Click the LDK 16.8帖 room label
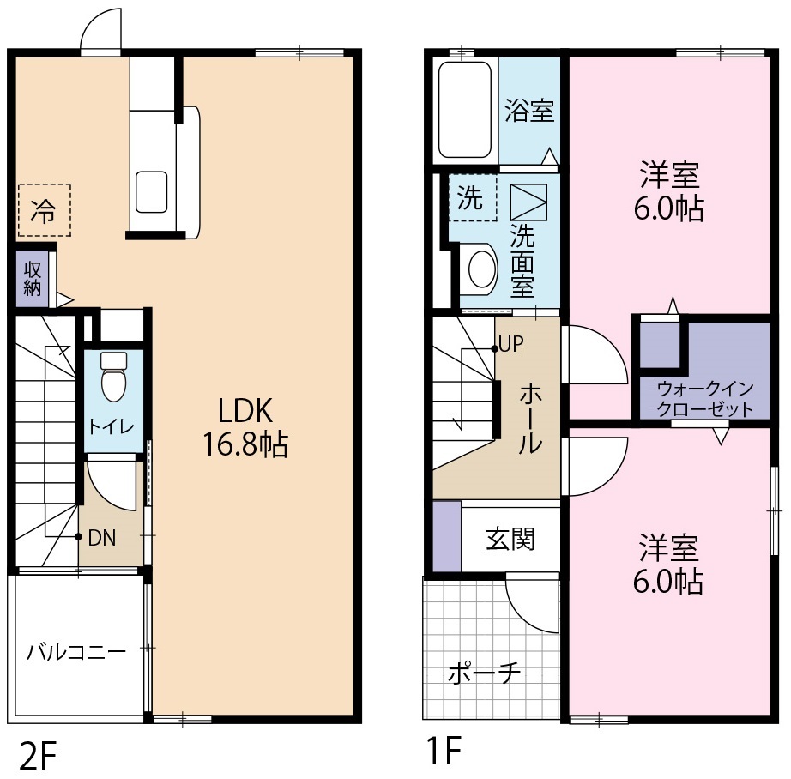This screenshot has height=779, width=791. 245,427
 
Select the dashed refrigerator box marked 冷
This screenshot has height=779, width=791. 45,210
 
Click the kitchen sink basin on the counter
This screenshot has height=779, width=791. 151,191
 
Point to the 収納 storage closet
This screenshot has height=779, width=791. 33,279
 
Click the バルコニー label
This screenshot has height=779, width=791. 76,652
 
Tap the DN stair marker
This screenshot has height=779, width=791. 102,538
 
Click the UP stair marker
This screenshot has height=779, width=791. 511,345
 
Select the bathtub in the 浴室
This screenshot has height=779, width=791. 465,110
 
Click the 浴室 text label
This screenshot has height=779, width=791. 529,111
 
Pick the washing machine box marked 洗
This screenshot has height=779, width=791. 473,197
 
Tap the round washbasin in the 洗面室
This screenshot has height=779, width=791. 483,269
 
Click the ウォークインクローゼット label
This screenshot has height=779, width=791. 704,399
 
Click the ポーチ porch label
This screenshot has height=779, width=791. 484,673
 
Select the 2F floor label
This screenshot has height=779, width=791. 38,755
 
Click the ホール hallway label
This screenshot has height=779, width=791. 530,418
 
